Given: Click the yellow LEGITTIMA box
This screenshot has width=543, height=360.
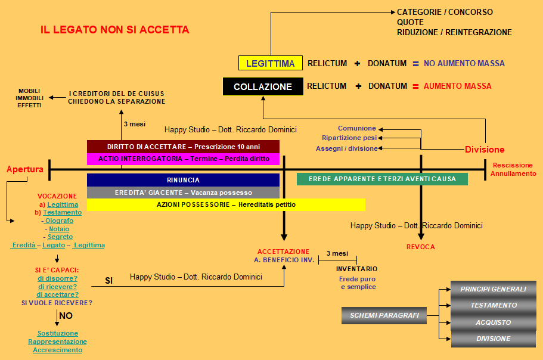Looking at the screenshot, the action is point(271,63).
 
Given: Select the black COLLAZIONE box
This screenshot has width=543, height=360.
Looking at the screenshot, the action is point(263,86).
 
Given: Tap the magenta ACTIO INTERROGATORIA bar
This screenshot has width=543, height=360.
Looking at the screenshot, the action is point(183,159).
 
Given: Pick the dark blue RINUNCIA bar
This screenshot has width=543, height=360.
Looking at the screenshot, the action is point(183,180).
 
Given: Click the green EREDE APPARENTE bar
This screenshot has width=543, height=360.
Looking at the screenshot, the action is point(382,179).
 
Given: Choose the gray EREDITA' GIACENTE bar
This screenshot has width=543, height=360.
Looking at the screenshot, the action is point(183,193).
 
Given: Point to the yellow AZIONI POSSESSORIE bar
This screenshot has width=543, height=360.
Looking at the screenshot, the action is point(226,204).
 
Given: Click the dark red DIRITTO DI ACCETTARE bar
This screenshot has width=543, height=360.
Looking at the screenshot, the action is point(183,147).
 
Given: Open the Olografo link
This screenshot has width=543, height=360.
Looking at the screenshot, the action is point(59,221).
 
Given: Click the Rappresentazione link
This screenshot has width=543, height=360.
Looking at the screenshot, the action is point(57,342).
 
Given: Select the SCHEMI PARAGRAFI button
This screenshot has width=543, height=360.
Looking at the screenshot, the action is point(384,315).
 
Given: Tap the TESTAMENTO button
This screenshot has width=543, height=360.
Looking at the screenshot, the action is point(494,305).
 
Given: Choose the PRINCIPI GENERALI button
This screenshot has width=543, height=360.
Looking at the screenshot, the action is point(494,289).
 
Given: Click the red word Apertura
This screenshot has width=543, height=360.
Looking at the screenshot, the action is point(25,169).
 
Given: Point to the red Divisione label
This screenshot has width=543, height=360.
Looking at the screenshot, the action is point(485,150).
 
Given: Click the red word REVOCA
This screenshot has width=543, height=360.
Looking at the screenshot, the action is point(421,247).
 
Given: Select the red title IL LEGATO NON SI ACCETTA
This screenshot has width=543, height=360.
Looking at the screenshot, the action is point(115,30).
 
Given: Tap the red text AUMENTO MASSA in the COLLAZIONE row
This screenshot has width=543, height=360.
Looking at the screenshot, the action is point(457,86).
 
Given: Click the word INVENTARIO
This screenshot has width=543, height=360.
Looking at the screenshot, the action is point(356,269).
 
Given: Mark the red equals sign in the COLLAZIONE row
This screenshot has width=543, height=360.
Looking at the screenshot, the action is point(415,86).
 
